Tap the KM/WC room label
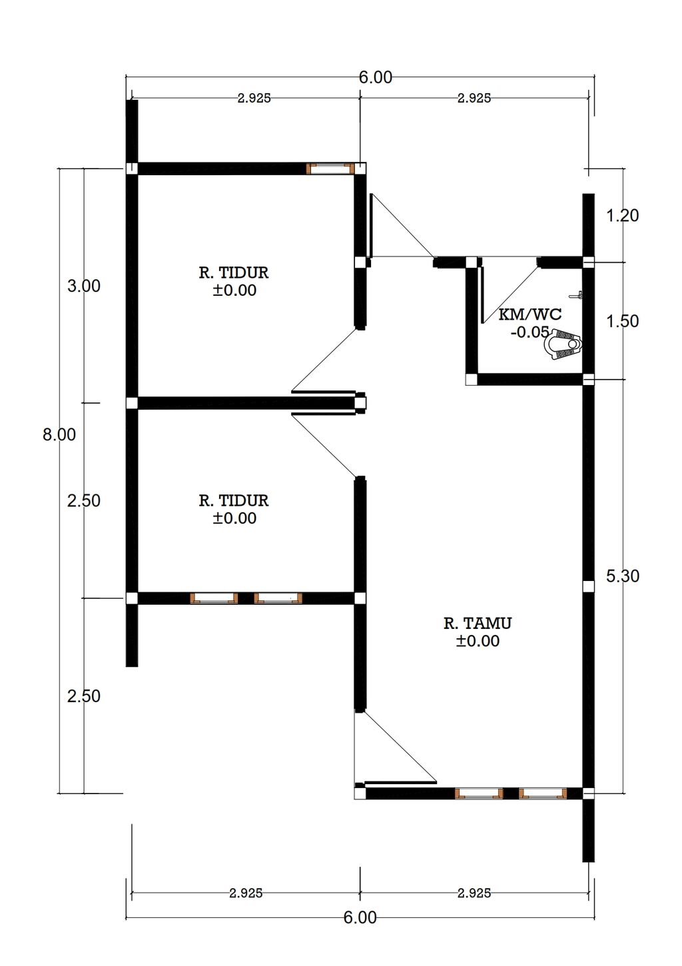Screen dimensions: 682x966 530,314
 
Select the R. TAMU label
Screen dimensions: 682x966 478,623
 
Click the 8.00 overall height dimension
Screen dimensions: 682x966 59,434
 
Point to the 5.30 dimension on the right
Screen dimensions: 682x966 623,576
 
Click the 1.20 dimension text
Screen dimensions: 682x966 623,215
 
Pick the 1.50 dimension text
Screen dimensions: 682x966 623,321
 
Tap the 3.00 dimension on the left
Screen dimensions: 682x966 84,286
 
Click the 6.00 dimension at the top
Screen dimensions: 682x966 376,77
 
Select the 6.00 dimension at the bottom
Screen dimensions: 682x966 360,917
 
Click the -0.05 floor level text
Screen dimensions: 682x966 529,332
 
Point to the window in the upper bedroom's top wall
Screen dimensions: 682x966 330,169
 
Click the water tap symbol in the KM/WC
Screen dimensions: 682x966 576,296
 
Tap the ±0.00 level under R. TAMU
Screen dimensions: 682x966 478,641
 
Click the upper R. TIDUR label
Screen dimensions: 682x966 234,272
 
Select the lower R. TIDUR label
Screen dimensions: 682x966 234,500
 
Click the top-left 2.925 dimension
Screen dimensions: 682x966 254,98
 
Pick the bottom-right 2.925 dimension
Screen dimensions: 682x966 474,893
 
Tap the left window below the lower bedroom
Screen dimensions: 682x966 214,598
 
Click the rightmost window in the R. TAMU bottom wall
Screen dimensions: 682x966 543,793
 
